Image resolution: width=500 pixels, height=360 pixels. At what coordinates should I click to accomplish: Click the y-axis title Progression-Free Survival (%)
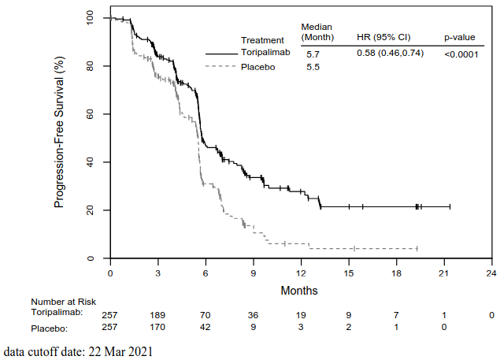(59, 139)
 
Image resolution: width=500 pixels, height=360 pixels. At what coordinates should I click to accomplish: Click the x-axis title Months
(299, 290)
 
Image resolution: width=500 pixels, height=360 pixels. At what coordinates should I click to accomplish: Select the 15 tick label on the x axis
(348, 273)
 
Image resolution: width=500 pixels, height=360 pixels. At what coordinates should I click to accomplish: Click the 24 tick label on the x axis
(491, 273)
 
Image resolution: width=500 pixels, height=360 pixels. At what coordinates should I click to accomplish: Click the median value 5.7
(313, 54)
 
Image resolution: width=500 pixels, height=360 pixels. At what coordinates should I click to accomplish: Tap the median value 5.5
(313, 69)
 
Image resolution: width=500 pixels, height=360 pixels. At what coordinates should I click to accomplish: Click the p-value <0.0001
(461, 54)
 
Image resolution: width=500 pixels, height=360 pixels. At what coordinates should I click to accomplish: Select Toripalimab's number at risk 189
(157, 314)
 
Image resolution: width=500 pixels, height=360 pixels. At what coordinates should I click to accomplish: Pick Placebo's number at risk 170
(157, 327)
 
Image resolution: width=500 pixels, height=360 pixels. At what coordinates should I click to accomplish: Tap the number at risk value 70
(205, 314)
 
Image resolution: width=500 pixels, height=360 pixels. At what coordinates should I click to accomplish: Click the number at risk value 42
(205, 327)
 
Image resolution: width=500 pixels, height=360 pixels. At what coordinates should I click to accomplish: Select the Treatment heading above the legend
(262, 40)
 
